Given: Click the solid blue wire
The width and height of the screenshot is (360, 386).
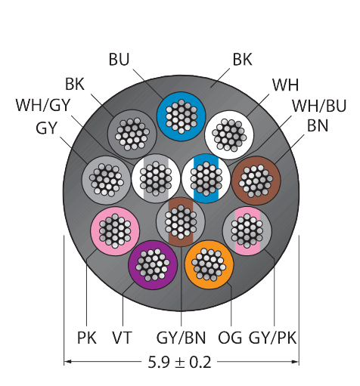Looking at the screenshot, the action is [181, 116].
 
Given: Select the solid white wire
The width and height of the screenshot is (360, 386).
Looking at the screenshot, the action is [229, 135].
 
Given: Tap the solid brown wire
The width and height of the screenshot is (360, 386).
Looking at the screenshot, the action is [256, 181].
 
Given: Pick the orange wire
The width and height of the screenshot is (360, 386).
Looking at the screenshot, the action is [209, 264].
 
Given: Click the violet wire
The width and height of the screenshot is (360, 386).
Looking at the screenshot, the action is [153, 265].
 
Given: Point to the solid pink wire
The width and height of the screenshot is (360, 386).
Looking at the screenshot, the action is [115, 231].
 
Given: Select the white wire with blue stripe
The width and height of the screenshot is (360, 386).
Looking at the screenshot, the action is [206, 178].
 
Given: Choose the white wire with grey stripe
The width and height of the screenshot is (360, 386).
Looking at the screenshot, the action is [156, 178].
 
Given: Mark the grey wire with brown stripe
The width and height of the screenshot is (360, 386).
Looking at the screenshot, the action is [181, 222].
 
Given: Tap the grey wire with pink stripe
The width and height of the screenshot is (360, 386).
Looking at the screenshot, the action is [247, 231].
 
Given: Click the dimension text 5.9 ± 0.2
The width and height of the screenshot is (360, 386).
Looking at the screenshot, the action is [179, 363].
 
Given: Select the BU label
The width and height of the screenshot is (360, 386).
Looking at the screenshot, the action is [119, 60].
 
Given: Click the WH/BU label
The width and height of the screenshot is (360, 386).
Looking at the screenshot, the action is [319, 106].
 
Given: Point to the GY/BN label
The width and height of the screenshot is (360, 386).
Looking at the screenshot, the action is [181, 338].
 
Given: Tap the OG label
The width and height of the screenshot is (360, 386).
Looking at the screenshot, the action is [230, 338].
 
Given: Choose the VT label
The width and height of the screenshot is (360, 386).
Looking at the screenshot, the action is [122, 338].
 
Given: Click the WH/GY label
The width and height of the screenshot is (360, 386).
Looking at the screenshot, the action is [43, 105].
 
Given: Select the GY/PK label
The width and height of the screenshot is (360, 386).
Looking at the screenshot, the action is [272, 338].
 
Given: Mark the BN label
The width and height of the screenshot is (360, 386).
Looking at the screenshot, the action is [318, 125].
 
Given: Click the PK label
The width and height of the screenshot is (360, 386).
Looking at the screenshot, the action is [87, 338].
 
